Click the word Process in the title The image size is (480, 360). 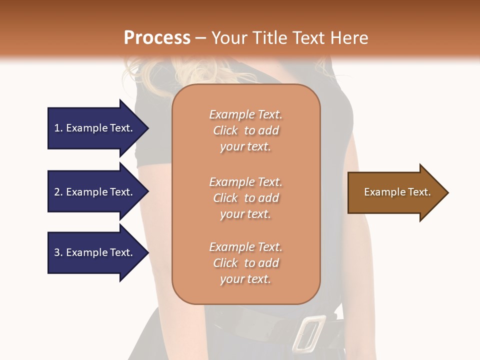(156, 38)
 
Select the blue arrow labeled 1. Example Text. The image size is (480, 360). (95, 128)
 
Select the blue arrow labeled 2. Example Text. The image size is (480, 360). (95, 192)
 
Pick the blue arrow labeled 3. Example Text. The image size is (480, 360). (95, 252)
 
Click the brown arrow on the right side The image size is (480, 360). (395, 192)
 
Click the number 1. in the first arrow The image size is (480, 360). (58, 128)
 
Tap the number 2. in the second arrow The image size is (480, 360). (58, 192)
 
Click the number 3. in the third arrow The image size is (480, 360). (58, 252)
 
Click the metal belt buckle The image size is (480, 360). (308, 332)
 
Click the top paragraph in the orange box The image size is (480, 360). (245, 130)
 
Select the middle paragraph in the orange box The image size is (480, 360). (245, 198)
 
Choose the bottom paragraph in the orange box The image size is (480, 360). (245, 263)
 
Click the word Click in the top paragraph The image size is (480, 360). (225, 130)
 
